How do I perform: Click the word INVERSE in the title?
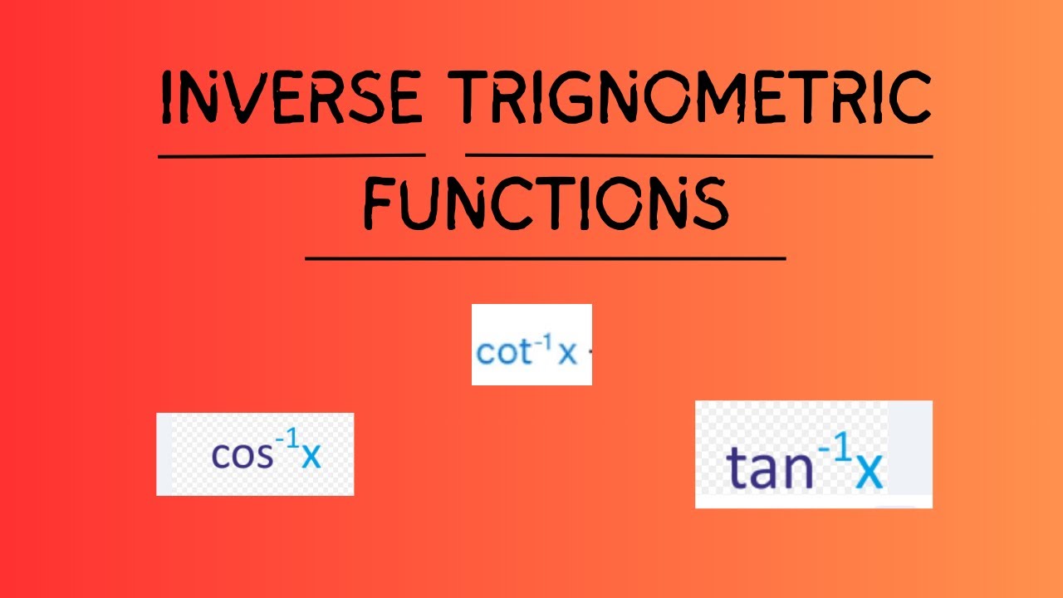[x=291, y=98]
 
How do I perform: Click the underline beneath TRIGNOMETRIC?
[x=698, y=155]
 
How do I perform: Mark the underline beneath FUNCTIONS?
[x=545, y=258]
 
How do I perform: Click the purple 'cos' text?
[x=242, y=454]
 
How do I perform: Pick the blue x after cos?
[x=311, y=456]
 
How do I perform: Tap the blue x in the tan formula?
[x=869, y=471]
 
